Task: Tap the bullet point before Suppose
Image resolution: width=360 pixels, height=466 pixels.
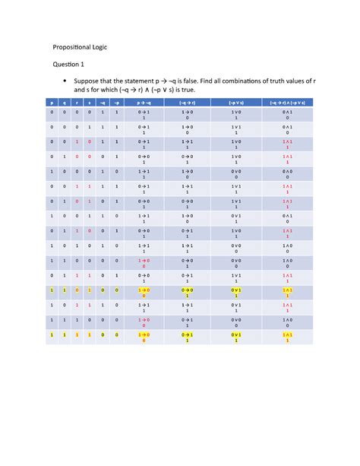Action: point(66,79)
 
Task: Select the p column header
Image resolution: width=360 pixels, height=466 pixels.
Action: point(52,101)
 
